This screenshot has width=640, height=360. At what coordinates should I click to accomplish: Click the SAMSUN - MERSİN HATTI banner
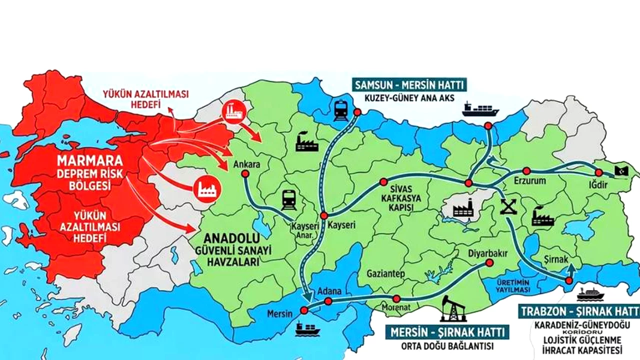pyautogui.click(x=409, y=83)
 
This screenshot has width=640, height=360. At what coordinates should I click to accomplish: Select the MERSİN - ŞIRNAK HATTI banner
pyautogui.click(x=447, y=331)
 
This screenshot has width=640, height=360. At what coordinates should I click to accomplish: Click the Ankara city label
pyautogui.click(x=244, y=163)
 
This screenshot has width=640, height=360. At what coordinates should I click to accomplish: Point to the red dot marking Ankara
pyautogui.click(x=245, y=174)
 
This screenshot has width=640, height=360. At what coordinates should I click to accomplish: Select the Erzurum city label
pyautogui.click(x=529, y=180)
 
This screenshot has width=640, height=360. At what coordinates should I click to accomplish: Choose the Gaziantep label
pyautogui.click(x=385, y=273)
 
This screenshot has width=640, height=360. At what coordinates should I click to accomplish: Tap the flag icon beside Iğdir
pyautogui.click(x=624, y=170)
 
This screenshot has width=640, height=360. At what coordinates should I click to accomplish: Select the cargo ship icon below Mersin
pyautogui.click(x=307, y=328)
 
